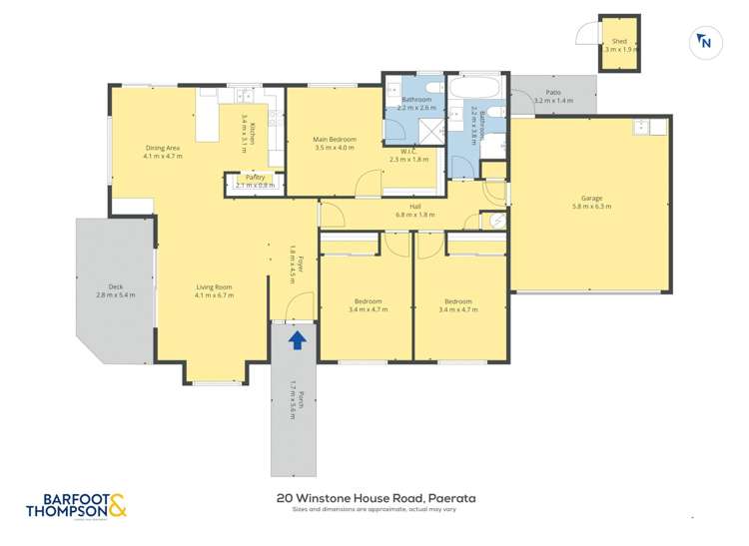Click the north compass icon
click(705, 42)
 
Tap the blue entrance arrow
click(297, 340)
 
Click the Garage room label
click(591, 198)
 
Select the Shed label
click(619, 42)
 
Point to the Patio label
click(552, 93)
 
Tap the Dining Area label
click(162, 148)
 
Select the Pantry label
click(254, 177)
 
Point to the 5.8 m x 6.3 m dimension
click(591, 207)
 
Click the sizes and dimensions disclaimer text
click(374, 509)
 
